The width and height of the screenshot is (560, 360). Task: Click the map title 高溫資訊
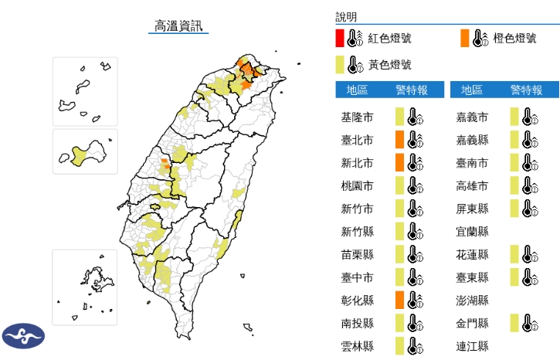178,25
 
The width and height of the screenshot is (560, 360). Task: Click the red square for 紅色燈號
339,38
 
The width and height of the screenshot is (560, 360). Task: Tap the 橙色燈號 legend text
515,38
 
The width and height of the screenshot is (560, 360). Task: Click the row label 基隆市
357,117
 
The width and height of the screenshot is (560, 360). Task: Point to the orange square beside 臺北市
399,140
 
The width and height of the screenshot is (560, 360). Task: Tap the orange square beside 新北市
399,163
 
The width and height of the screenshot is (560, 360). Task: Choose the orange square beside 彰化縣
399,301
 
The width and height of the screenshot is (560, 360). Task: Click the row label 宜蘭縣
472,231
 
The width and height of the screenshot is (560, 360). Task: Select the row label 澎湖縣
472,301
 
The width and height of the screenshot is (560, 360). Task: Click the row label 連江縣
472,346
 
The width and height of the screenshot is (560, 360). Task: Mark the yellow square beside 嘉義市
514,117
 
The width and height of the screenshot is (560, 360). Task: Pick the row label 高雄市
472,185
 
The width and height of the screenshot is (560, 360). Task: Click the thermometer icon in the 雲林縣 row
415,346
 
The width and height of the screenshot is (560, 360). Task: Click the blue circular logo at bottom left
23,336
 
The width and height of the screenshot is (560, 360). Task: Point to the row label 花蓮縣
472,254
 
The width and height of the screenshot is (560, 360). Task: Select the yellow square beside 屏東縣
514,209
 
